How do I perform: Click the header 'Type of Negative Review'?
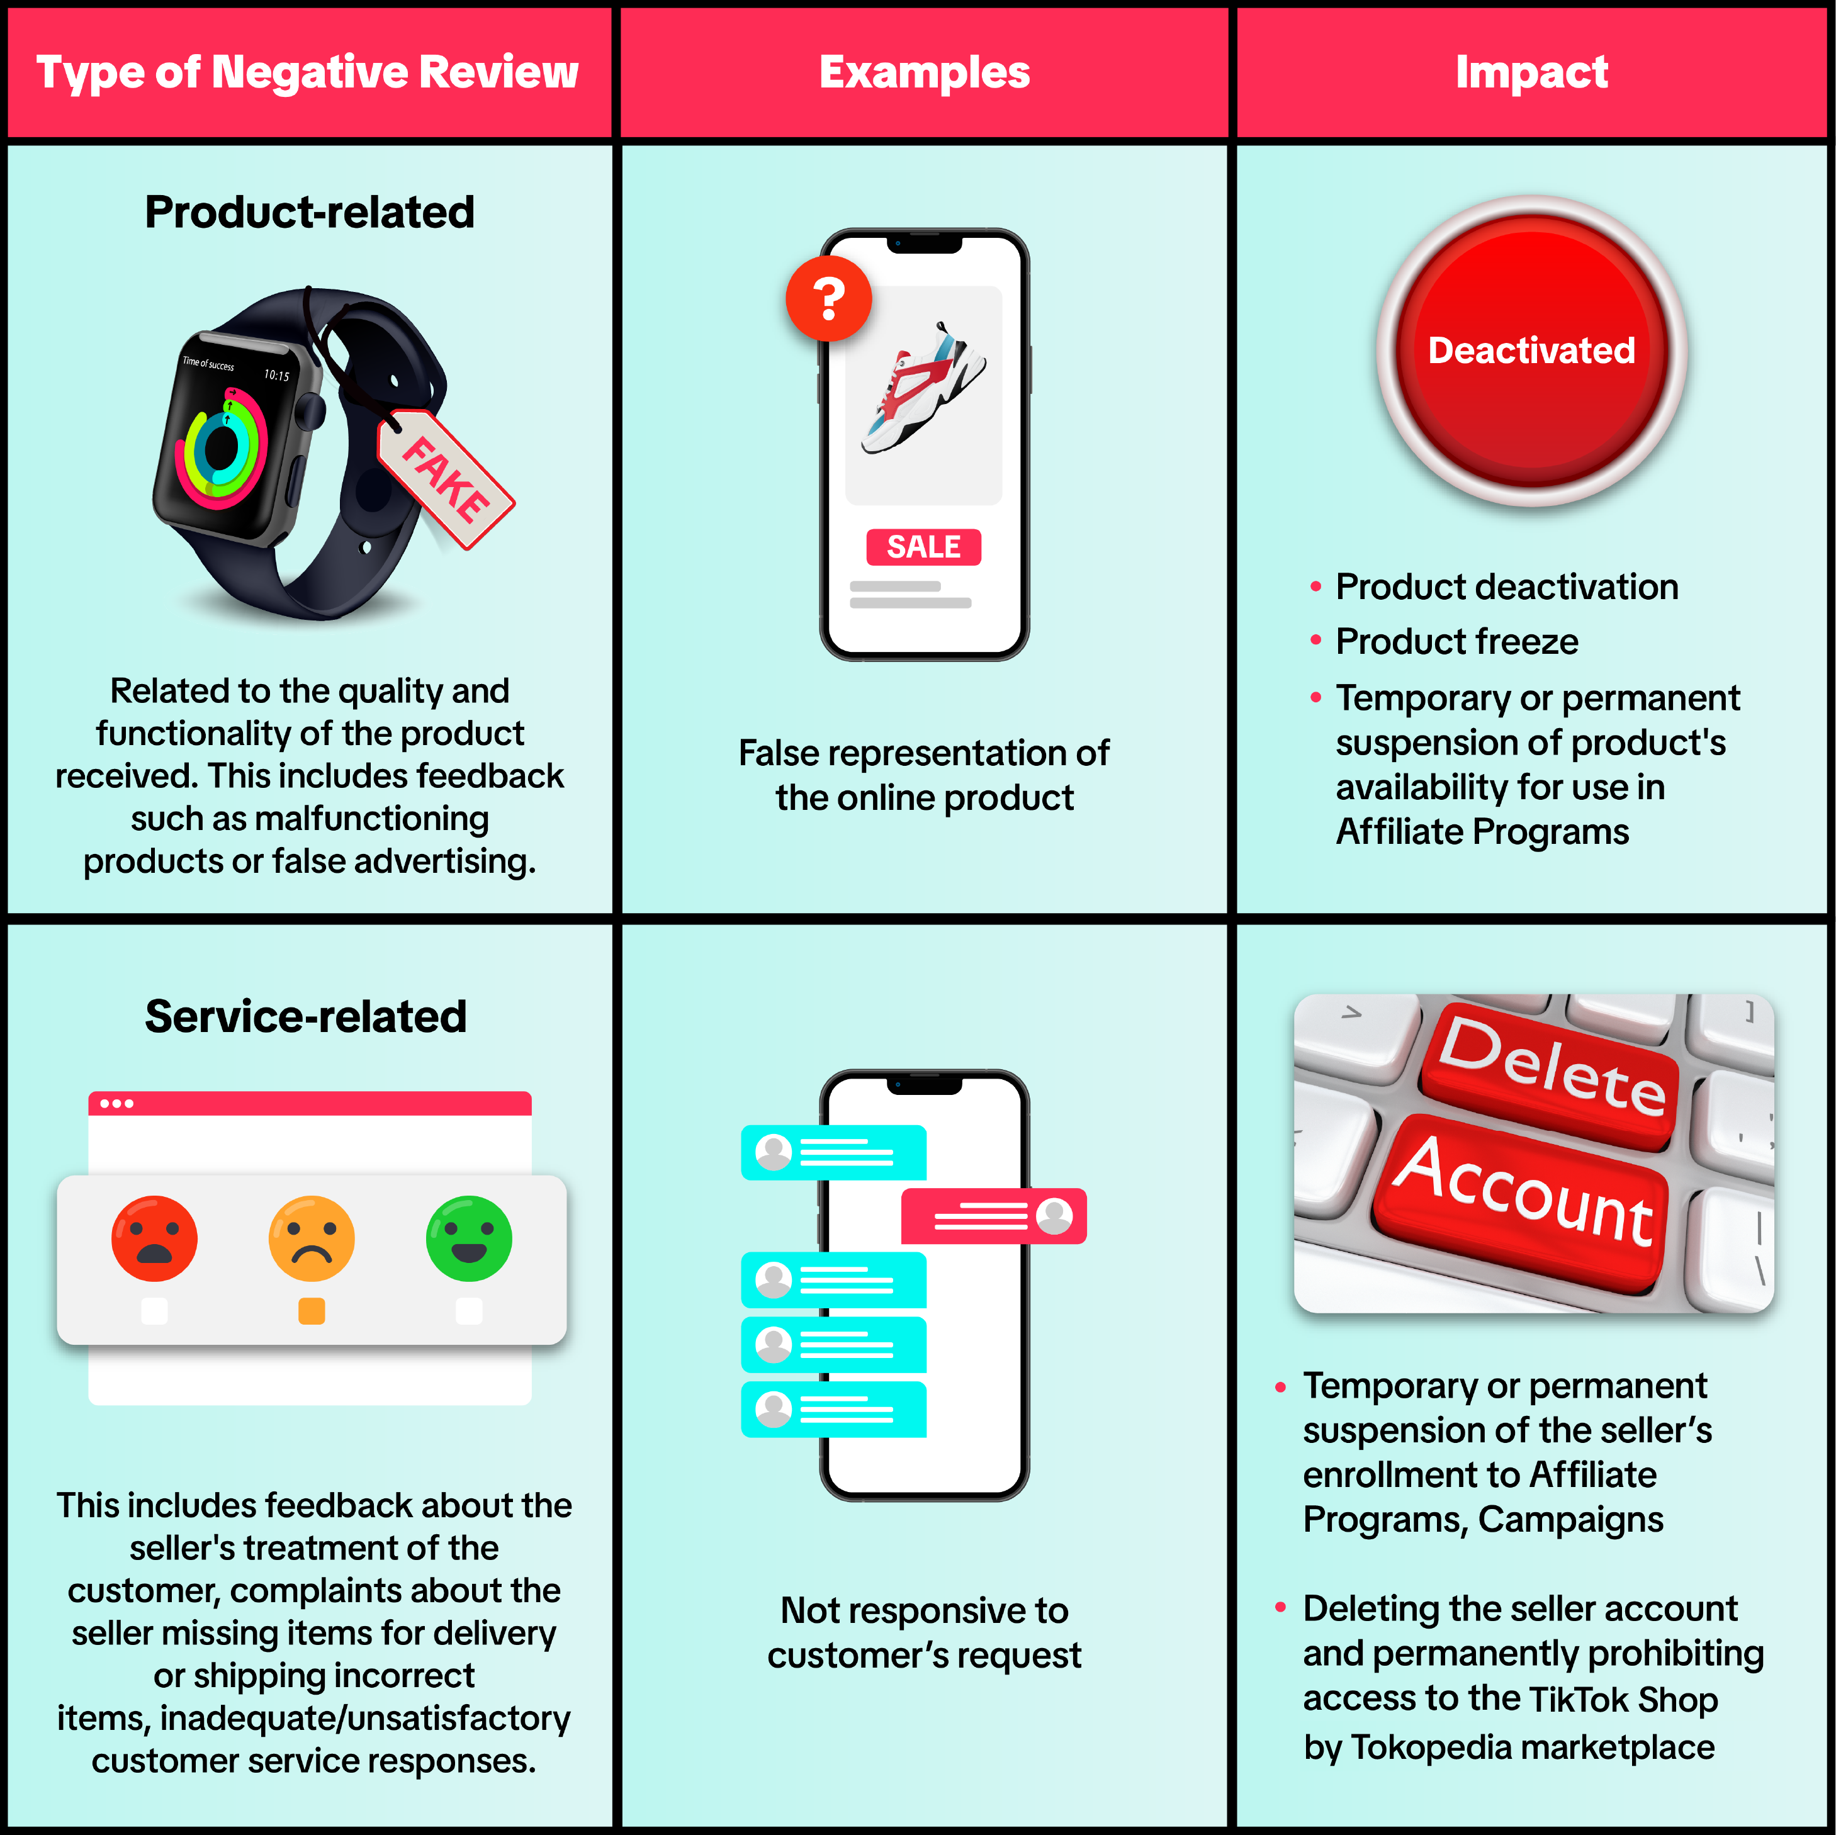(307, 72)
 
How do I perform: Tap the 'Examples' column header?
(924, 72)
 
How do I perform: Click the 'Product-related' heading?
(309, 212)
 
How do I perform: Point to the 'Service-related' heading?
(306, 1016)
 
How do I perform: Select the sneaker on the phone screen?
(924, 390)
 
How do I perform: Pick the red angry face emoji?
(154, 1238)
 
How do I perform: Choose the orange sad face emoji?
(312, 1238)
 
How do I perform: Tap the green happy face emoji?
(470, 1238)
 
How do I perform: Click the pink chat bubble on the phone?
(993, 1215)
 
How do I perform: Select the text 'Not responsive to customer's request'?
(924, 1632)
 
